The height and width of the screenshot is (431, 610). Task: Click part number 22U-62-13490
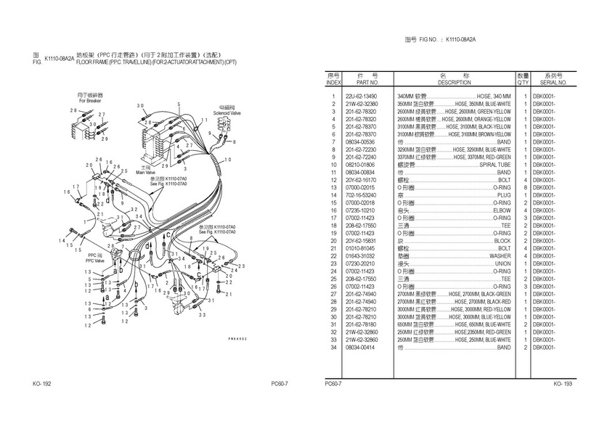pos(361,97)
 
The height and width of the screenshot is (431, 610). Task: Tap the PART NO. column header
pos(361,83)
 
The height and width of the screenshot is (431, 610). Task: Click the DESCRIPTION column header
pos(455,83)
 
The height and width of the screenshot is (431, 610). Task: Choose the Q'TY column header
pos(523,83)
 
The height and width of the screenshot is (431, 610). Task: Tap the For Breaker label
pos(91,100)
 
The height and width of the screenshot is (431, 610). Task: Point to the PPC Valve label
pos(97,258)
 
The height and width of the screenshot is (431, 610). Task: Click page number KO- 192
pos(41,383)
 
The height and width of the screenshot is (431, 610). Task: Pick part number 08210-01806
pos(361,165)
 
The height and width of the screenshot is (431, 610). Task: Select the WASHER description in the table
pos(499,255)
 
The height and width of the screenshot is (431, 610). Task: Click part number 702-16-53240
pos(361,195)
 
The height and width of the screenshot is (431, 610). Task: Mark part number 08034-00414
pos(361,347)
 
